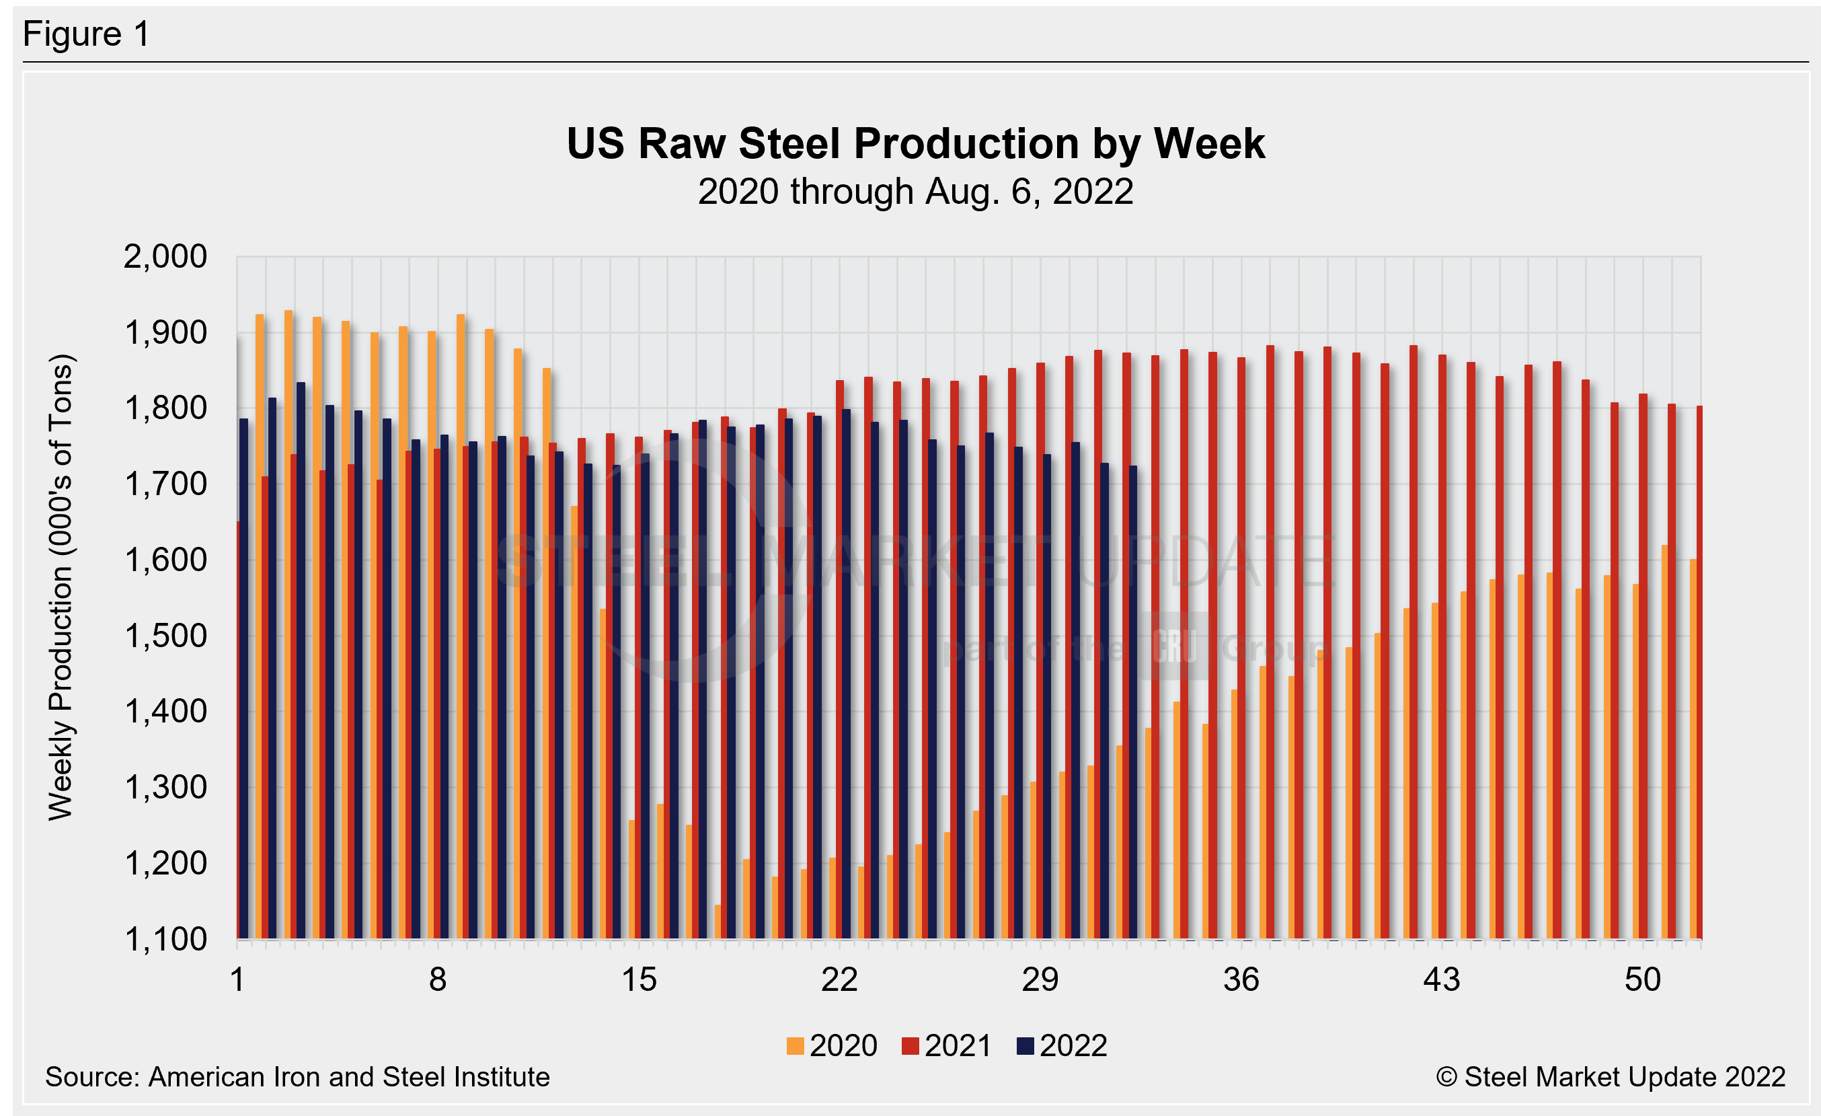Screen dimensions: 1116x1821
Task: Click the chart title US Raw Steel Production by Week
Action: pyautogui.click(x=915, y=143)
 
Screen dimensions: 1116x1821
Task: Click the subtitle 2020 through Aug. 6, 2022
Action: pyautogui.click(x=915, y=192)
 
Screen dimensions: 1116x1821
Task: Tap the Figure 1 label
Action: pyautogui.click(x=87, y=34)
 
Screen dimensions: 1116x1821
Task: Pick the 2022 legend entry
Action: pyautogui.click(x=1062, y=1046)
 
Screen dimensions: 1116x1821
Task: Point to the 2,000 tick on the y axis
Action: pyautogui.click(x=165, y=257)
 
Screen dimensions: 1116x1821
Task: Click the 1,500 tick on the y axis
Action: pyautogui.click(x=165, y=636)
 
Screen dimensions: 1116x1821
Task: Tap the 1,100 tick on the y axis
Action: pyautogui.click(x=165, y=939)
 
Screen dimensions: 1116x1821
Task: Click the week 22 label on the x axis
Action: pyautogui.click(x=839, y=980)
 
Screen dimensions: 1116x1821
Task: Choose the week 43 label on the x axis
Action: pyautogui.click(x=1441, y=980)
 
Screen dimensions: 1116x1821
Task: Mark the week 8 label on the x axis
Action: pyautogui.click(x=438, y=980)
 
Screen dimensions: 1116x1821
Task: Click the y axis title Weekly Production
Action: pyautogui.click(x=61, y=587)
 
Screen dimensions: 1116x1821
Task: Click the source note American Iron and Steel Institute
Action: pyautogui.click(x=297, y=1077)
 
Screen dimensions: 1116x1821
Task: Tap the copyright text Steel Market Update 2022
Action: pyautogui.click(x=1611, y=1077)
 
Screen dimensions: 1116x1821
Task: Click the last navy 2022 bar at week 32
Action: pyautogui.click(x=1133, y=702)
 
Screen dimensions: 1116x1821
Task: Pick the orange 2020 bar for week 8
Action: pyautogui.click(x=432, y=636)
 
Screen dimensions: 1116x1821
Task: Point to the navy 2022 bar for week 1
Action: pyautogui.click(x=244, y=680)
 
